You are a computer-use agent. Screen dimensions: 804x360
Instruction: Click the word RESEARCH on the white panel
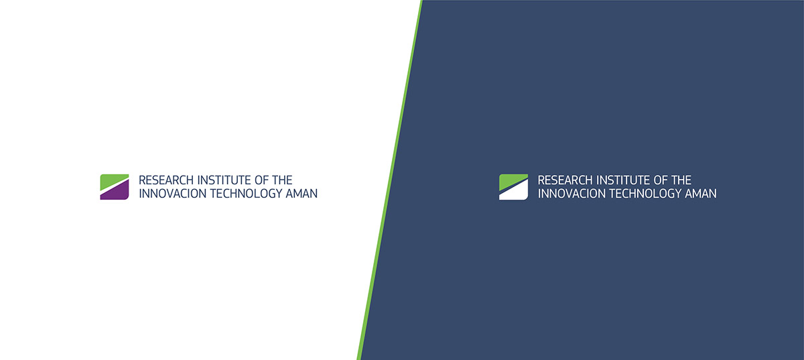point(166,180)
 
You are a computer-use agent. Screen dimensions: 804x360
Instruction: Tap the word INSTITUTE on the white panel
point(224,180)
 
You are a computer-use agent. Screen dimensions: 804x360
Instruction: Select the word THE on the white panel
point(282,180)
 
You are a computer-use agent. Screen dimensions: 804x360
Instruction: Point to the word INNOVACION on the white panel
point(172,194)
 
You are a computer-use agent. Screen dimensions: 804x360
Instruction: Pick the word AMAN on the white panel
point(301,194)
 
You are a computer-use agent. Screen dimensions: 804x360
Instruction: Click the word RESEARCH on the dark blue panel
point(565,180)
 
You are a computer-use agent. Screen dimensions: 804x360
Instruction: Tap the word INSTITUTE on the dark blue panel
point(623,180)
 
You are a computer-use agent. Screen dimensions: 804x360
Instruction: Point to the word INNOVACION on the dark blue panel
point(571,194)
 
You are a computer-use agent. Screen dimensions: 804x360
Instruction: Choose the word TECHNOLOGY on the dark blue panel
point(645,194)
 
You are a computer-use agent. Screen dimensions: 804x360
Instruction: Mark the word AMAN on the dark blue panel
point(701,194)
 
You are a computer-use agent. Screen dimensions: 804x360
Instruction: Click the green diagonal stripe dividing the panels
point(390,180)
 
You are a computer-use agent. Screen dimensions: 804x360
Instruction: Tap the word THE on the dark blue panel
point(681,180)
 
